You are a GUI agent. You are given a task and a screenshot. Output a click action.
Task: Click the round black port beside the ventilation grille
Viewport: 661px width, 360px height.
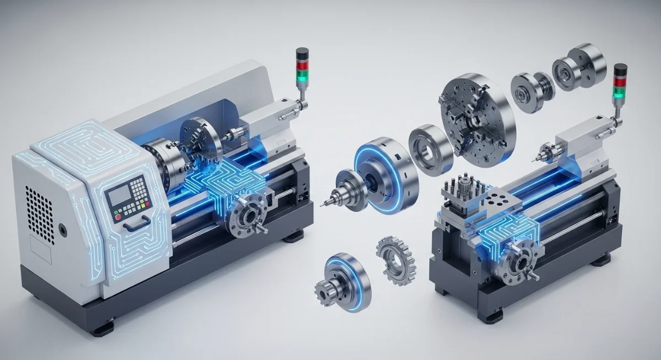[x=62, y=230]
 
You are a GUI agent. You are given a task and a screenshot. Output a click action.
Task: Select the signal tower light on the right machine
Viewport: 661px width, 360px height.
[x=619, y=83]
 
